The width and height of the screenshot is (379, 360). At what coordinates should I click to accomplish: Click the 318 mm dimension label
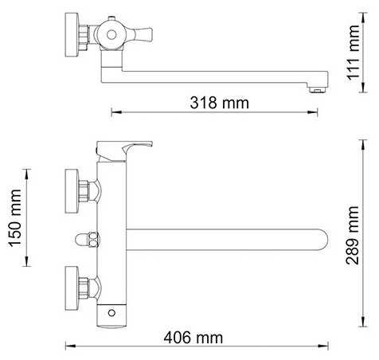coord(220,103)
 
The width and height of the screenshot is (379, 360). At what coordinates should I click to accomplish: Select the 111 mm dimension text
coord(354,53)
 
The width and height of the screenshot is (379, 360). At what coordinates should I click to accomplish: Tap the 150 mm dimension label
coord(15,217)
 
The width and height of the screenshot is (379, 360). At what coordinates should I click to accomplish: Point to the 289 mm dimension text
coord(353,235)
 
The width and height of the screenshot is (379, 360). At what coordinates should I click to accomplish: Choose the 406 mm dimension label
coord(193,338)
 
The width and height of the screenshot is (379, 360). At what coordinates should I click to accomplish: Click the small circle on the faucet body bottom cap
coord(111,313)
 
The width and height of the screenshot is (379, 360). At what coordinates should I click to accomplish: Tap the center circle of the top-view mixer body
coord(111,34)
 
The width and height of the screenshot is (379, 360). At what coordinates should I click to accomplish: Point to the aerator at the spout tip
coord(318,90)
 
